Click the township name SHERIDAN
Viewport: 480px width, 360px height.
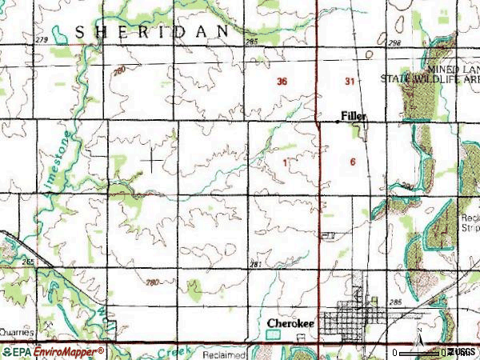pyautogui.click(x=152, y=31)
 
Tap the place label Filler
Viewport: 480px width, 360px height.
pyautogui.click(x=354, y=116)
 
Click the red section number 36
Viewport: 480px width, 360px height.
pyautogui.click(x=282, y=82)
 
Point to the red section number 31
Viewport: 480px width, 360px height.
pyautogui.click(x=350, y=82)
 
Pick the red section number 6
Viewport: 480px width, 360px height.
pyautogui.click(x=353, y=162)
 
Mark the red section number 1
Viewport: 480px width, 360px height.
pyautogui.click(x=285, y=162)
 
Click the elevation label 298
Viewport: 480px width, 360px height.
pyautogui.click(x=392, y=42)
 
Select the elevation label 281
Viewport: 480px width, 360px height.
pyautogui.click(x=256, y=265)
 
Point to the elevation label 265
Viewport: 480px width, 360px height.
pyautogui.click(x=29, y=262)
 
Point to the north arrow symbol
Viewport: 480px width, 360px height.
pyautogui.click(x=419, y=343)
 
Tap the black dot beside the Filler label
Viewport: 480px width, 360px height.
pyautogui.click(x=337, y=122)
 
